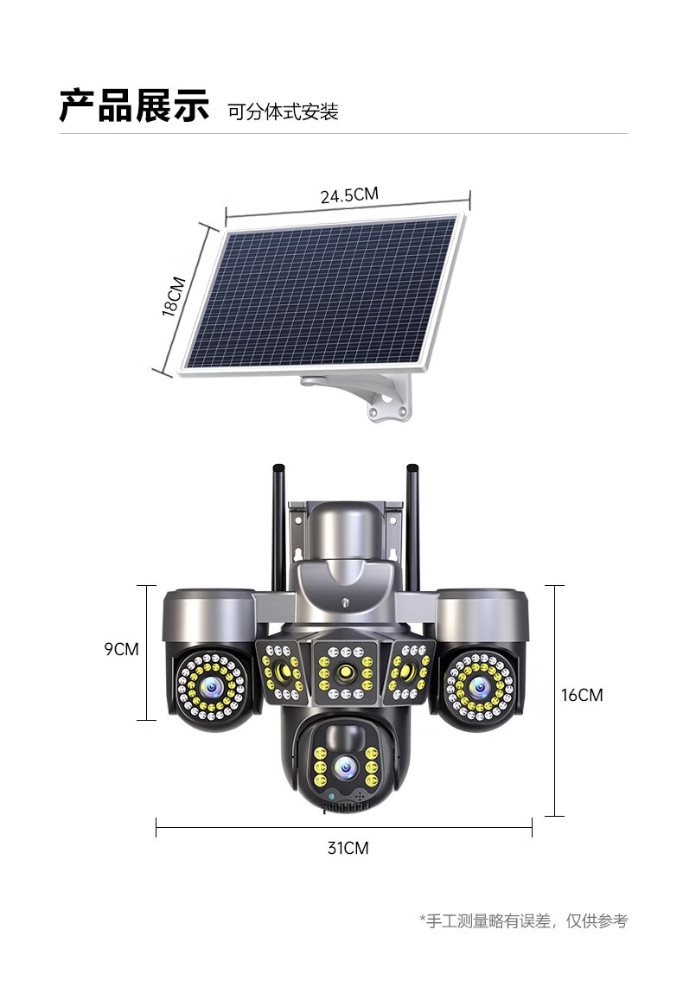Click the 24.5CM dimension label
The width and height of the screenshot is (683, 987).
[350, 194]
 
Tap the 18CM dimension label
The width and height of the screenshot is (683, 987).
[175, 296]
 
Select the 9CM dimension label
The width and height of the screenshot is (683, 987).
[122, 649]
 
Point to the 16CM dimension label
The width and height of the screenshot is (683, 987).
[583, 695]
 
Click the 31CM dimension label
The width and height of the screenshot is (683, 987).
[348, 848]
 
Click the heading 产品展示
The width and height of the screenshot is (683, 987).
[134, 105]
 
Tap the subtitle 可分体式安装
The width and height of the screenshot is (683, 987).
[284, 112]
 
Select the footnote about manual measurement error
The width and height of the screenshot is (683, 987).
[524, 921]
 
